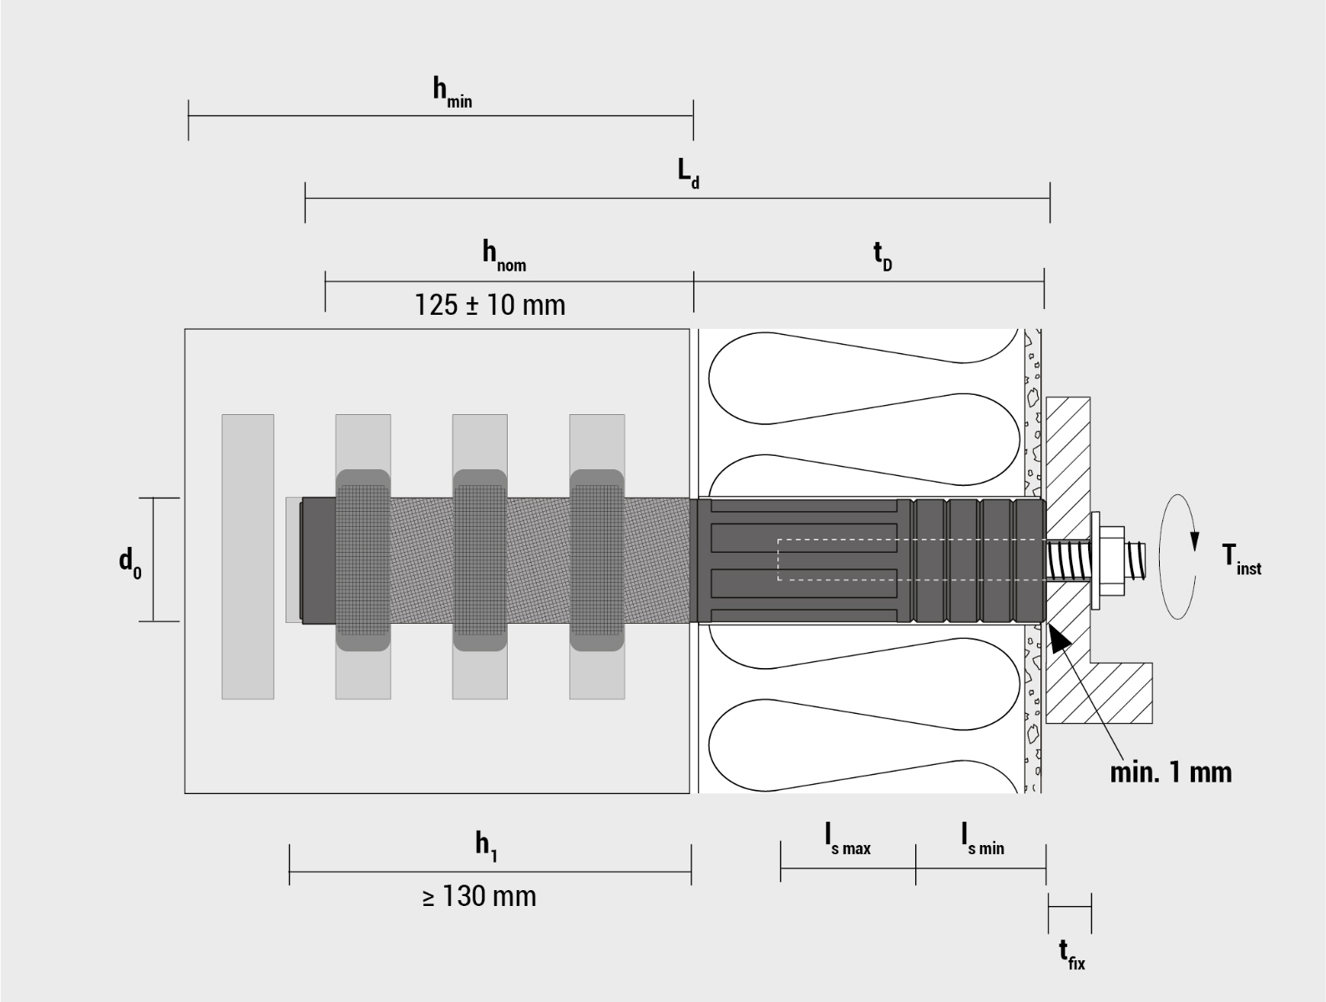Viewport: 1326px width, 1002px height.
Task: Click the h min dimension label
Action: coord(452,91)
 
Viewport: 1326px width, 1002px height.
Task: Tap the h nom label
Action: coord(504,255)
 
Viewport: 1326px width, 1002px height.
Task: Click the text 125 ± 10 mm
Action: coord(490,305)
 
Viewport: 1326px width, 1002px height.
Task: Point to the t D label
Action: coord(882,255)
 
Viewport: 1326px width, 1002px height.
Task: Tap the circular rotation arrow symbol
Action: coord(1178,556)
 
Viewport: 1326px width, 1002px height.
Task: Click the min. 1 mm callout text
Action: coord(1171,772)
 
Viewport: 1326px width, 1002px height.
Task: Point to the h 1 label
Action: coord(487,845)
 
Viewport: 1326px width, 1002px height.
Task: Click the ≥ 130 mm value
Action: coord(479,897)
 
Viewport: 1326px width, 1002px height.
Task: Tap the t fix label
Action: coord(1072,954)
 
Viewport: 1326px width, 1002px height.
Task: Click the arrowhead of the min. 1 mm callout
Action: coord(1059,640)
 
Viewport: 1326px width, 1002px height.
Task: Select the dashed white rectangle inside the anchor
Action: coord(910,559)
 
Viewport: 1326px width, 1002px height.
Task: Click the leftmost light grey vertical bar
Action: coord(247,556)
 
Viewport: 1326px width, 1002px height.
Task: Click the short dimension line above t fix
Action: coord(1070,906)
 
